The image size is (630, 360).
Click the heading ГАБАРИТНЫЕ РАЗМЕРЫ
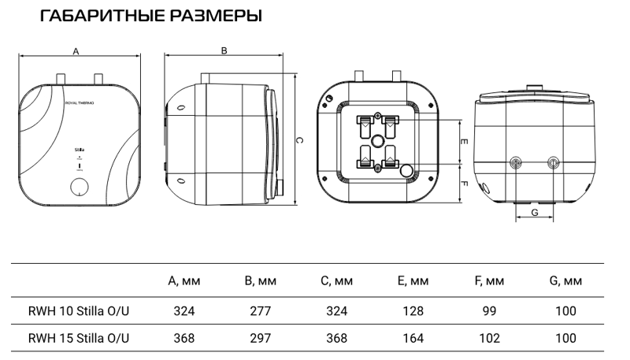150,16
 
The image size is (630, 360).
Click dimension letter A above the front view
76,50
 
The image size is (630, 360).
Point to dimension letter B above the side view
224,50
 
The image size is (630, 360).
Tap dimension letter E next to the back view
465,142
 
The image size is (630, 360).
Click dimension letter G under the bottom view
535,213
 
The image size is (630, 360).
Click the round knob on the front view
79,187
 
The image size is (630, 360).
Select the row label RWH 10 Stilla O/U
78,311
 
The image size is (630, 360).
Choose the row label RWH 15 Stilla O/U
78,338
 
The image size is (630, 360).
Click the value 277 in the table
260,311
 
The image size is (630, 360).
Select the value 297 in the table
260,338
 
